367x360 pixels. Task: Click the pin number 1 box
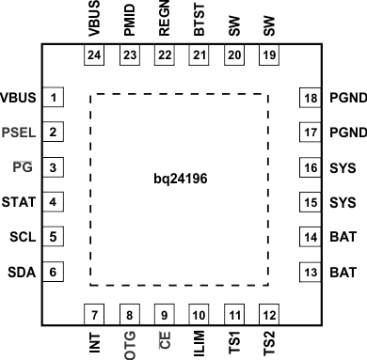point(56,98)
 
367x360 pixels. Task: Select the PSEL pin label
point(20,133)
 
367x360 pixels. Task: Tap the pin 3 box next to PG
point(56,167)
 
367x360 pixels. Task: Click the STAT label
point(20,202)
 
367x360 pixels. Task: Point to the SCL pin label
point(22,237)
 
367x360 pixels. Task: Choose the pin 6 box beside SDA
point(56,272)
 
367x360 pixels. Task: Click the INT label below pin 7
point(94,340)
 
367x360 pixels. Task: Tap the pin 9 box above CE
point(164,314)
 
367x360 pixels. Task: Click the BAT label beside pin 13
point(344,272)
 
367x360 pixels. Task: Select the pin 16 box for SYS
point(311,167)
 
